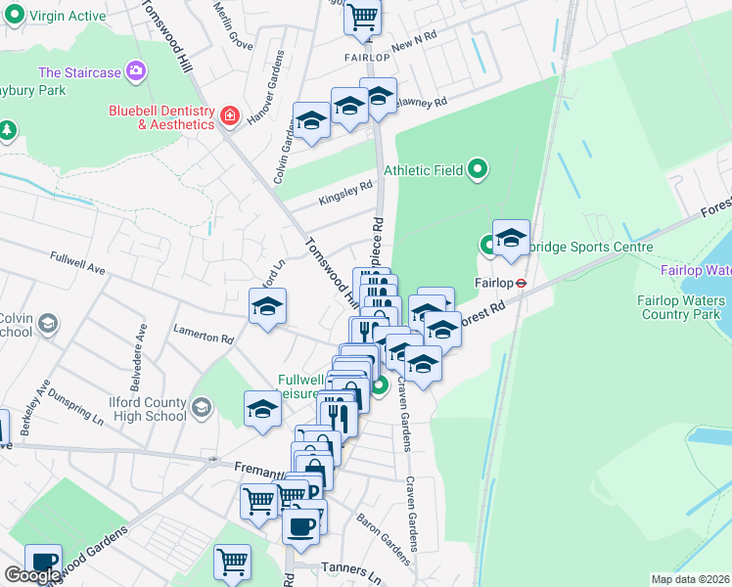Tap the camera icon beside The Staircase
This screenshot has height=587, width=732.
click(x=137, y=71)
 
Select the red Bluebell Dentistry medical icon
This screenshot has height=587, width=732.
click(x=230, y=116)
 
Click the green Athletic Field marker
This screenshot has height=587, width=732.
click(x=478, y=170)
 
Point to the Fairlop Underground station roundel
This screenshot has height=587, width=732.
click(x=523, y=283)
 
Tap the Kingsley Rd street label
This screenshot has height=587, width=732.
click(x=346, y=193)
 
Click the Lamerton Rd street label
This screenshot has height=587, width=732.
click(x=205, y=338)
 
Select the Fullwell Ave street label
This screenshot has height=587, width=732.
click(x=77, y=261)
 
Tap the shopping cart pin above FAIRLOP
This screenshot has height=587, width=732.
click(x=363, y=17)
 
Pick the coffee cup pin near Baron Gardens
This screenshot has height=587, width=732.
click(x=301, y=525)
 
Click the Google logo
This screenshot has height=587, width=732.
click(x=31, y=575)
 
